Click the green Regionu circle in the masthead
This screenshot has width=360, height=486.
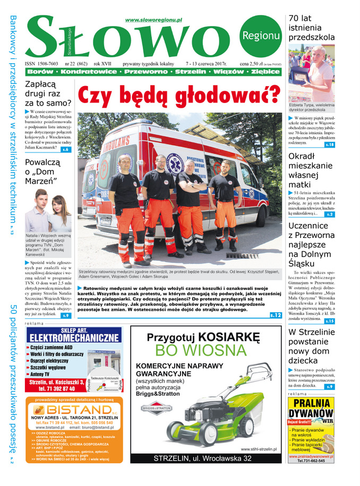[x=260, y=36]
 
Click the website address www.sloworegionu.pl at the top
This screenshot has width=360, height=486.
[x=153, y=20]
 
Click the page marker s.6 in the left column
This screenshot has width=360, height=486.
[x=65, y=150]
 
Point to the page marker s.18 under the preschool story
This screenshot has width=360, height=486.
[x=329, y=144]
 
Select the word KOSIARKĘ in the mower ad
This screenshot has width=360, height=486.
[x=231, y=337]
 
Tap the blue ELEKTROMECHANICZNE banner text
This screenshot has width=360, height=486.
[x=74, y=338]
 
